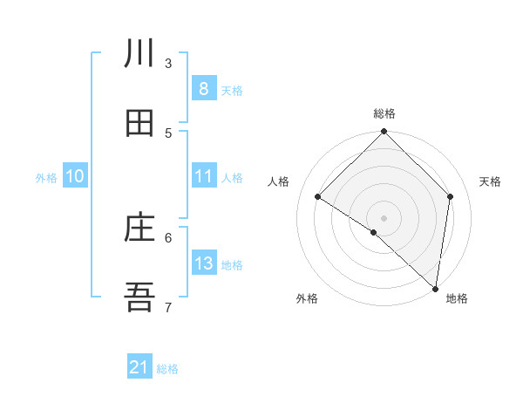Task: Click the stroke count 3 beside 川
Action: coord(168,63)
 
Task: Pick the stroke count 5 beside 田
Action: coord(168,133)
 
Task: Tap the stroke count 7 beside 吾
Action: coord(168,307)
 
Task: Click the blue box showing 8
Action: coord(203,88)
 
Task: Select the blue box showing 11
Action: coord(203,176)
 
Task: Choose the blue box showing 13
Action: coord(203,263)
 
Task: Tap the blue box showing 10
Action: coord(75,176)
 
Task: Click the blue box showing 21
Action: coord(139,367)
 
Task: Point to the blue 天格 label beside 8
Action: coord(232,90)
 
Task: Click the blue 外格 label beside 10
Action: coord(46,178)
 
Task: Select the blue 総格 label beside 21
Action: coord(167,369)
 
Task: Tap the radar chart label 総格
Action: coord(384,113)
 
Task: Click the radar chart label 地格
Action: coord(457,298)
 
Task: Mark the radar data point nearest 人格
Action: coord(318,197)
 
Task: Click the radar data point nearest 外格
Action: coord(374,232)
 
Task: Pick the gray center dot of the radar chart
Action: coord(384,217)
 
